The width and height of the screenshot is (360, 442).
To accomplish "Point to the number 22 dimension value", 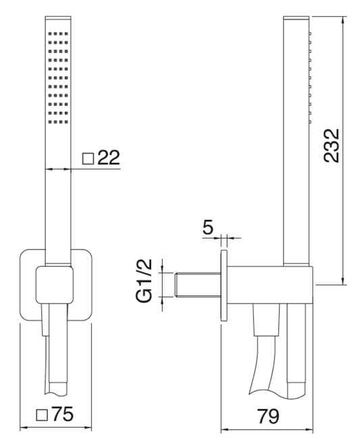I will tap(108, 159).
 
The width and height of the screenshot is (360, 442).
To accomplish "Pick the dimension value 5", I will tap(208, 226).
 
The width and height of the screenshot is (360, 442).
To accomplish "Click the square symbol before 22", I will tap(88, 159).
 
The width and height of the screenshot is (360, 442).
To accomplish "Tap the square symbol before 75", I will tap(42, 414).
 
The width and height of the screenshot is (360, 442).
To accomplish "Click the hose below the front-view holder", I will tap(56, 351).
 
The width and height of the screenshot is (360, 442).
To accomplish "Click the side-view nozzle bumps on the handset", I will tap(309, 74).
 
